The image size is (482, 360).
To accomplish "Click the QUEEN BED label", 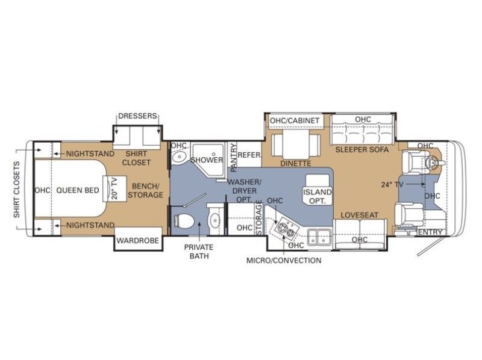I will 78,190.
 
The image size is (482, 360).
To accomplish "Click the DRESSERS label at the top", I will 137,116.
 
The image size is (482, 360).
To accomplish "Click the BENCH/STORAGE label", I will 146,190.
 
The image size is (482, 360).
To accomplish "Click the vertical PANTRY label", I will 232,158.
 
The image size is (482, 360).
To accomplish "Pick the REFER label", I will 249,155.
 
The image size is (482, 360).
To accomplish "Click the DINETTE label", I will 295,163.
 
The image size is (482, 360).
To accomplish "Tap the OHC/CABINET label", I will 294,120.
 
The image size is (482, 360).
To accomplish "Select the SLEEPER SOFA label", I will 362,149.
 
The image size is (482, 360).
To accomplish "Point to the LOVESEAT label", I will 359,214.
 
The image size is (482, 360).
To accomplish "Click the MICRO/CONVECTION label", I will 283,261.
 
